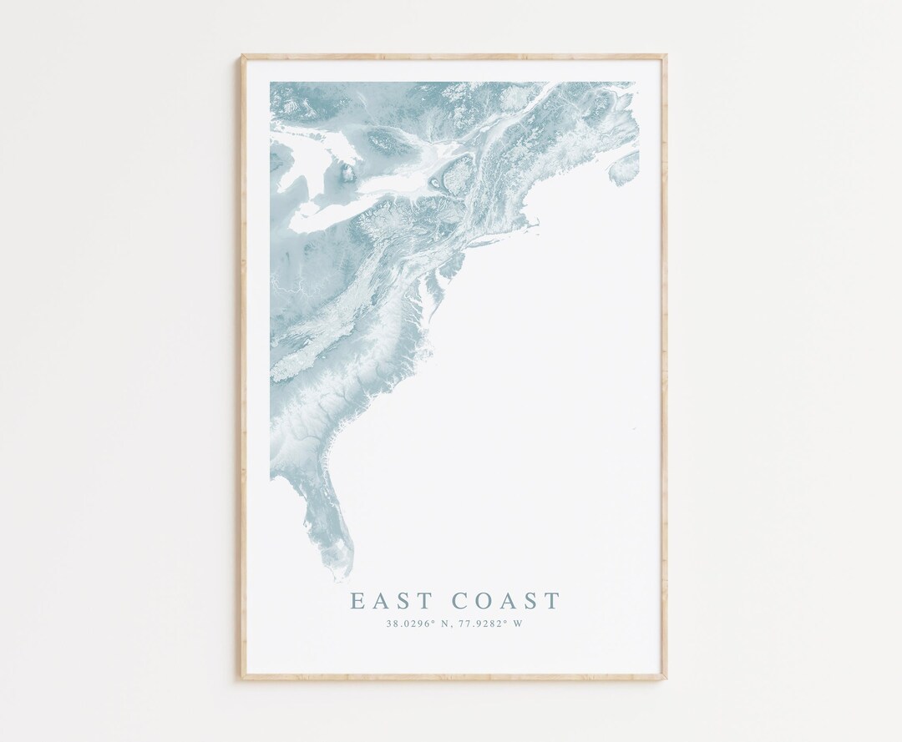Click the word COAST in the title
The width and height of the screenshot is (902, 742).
506,600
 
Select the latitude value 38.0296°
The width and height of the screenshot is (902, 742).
408,623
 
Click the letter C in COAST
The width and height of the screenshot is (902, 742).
460,600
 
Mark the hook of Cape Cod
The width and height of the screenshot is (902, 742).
535,223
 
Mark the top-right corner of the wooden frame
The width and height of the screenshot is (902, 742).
666,57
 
